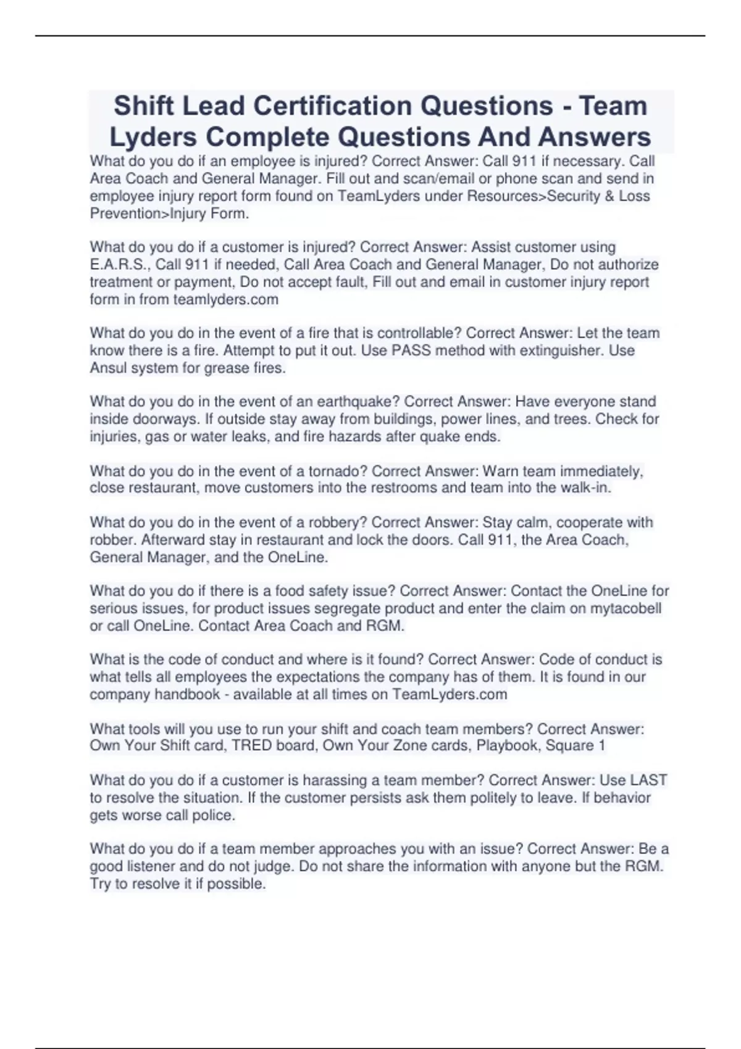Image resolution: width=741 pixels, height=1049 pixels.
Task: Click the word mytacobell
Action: pos(626,608)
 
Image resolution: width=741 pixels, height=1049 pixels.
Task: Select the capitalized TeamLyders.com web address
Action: pos(450,694)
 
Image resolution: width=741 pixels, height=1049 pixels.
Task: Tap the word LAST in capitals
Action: pos(648,780)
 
